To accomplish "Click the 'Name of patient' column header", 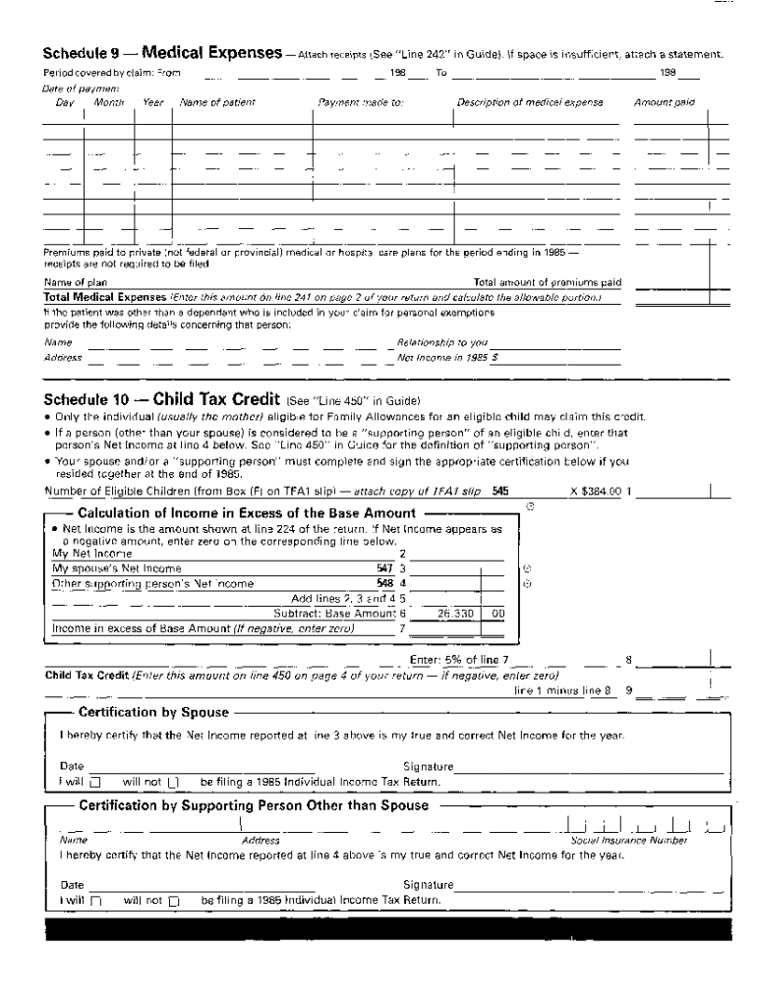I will [212, 102].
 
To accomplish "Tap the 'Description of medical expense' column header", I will [530, 102].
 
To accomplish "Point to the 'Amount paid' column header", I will [665, 102].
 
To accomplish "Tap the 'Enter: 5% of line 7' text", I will [458, 659].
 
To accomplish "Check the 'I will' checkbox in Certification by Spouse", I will [95, 784].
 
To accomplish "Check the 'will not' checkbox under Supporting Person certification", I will [173, 900].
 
